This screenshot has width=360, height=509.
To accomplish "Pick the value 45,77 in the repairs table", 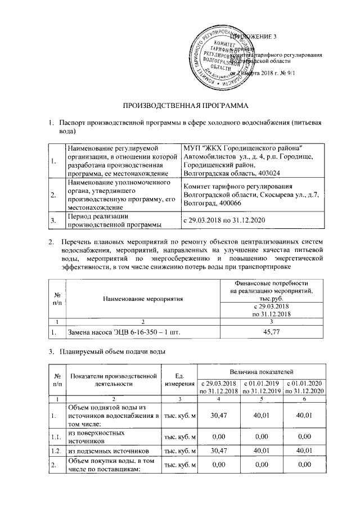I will (x=273, y=333).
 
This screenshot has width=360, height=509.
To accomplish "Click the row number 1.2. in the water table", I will (x=57, y=451).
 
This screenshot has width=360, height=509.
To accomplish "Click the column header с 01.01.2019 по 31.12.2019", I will (x=262, y=387).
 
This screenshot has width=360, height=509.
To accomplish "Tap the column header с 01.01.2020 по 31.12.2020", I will (x=305, y=387).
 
